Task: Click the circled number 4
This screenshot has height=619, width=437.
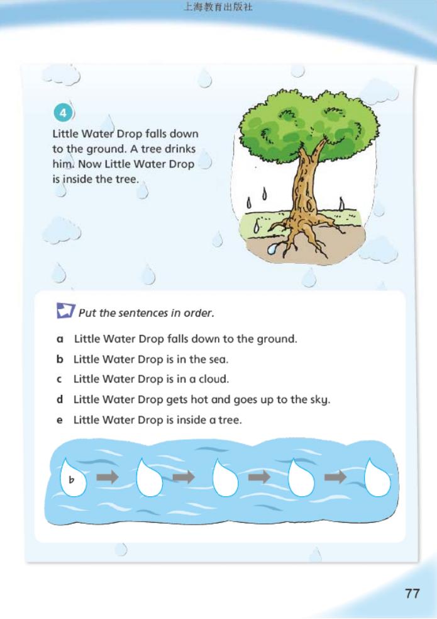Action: [x=63, y=114]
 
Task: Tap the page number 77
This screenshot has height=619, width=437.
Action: [x=412, y=593]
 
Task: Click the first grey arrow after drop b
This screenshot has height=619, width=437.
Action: [x=107, y=477]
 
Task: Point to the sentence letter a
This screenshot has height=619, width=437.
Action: [x=60, y=339]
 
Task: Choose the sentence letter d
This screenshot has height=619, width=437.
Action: [x=60, y=399]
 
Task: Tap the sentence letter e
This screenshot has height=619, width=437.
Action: [x=60, y=420]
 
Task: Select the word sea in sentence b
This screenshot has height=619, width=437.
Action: [x=218, y=359]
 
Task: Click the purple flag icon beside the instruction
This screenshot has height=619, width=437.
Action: [x=65, y=310]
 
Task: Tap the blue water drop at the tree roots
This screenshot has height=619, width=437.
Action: [x=273, y=249]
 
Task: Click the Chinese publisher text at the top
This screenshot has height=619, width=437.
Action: [x=218, y=7]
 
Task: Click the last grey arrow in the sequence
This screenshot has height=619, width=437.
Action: [x=335, y=477]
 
